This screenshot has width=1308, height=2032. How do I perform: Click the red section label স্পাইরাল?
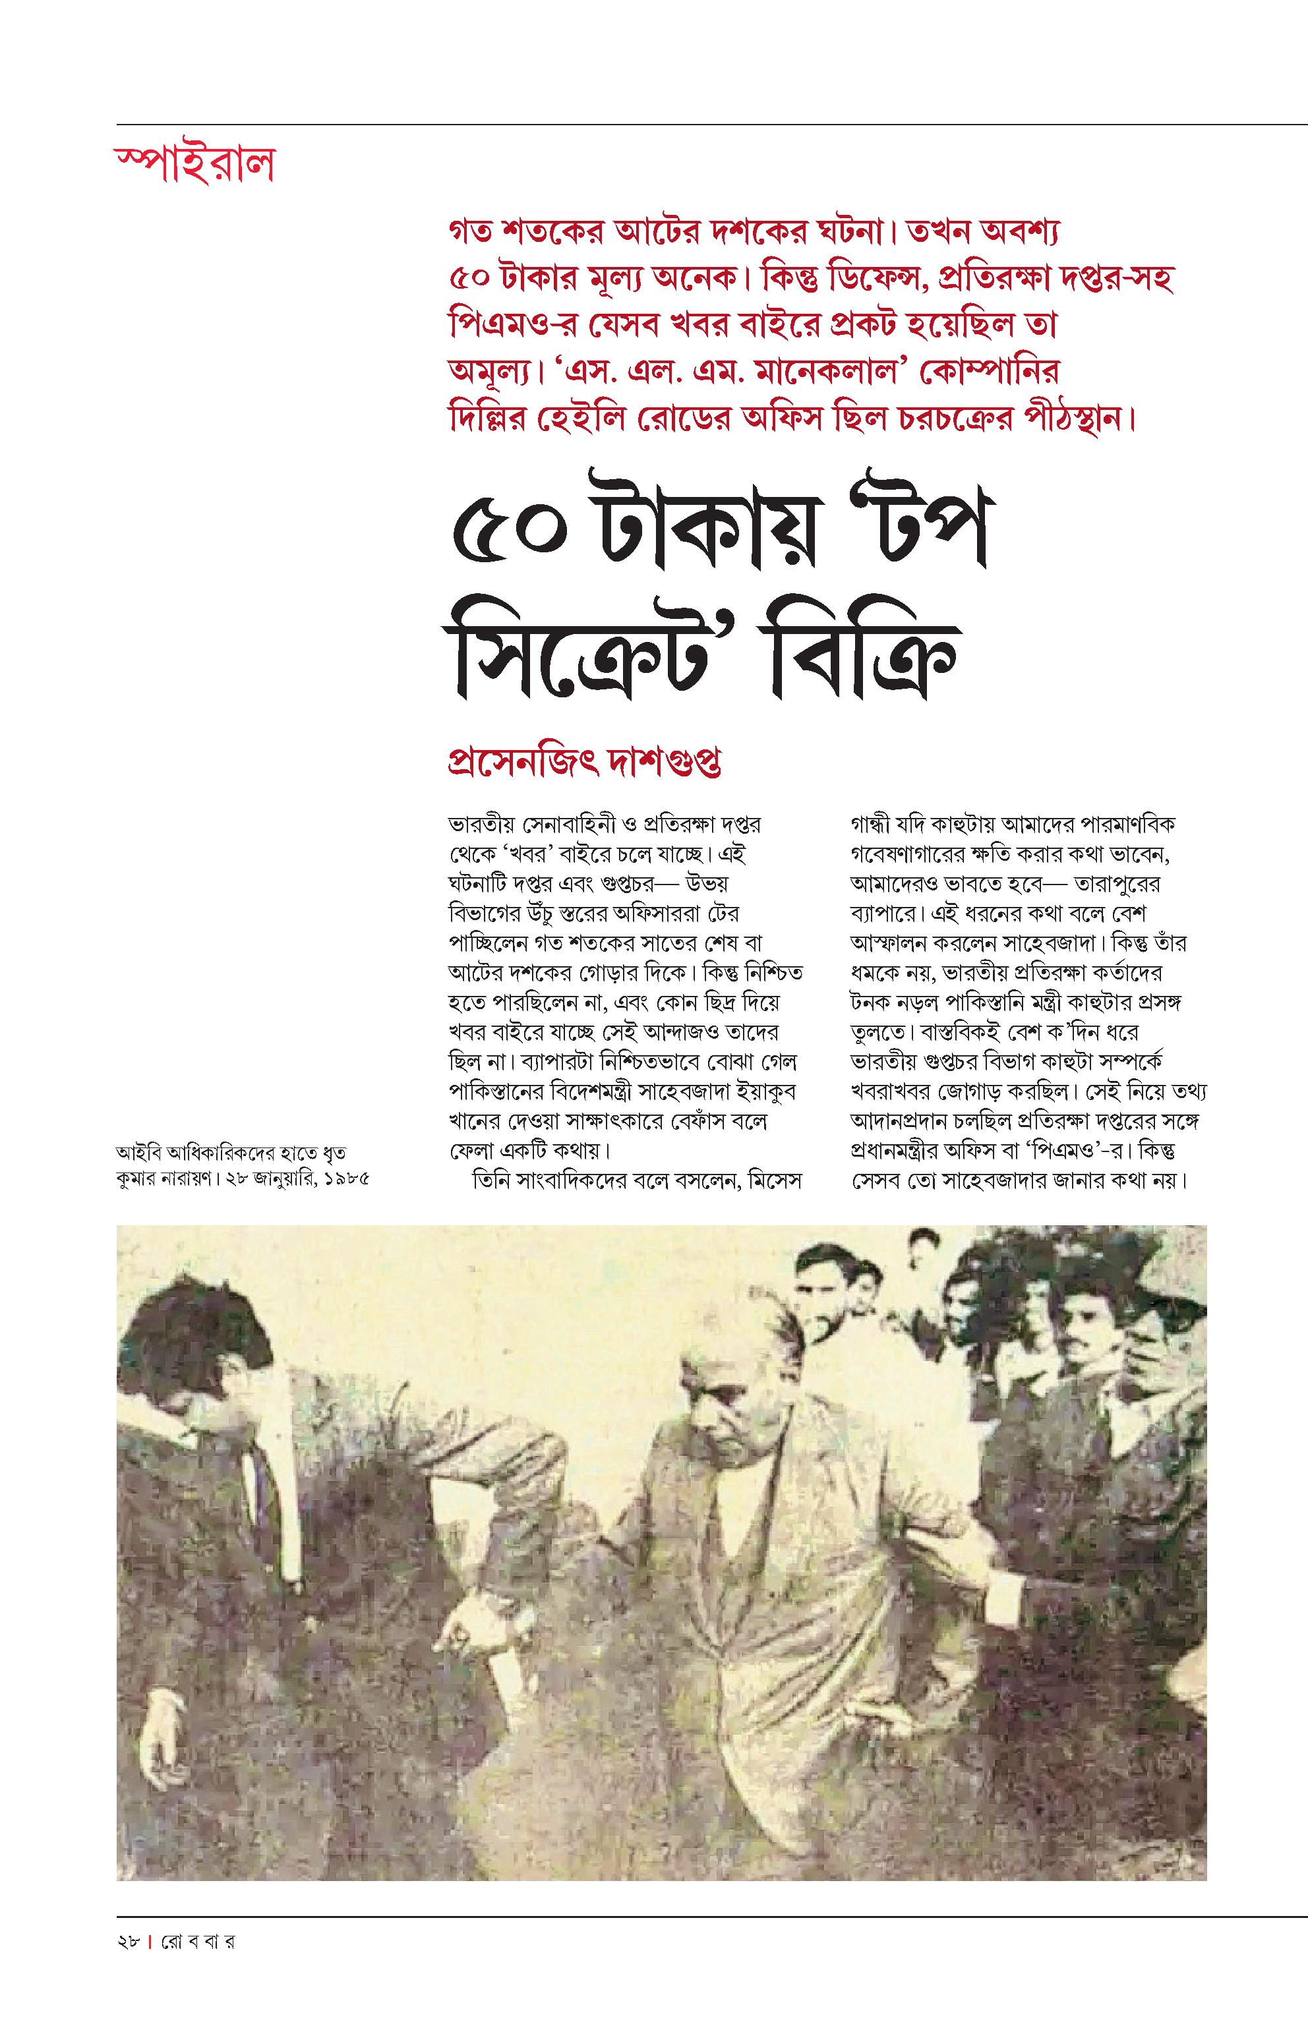(194, 164)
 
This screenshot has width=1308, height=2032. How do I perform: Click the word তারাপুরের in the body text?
(1122, 883)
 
